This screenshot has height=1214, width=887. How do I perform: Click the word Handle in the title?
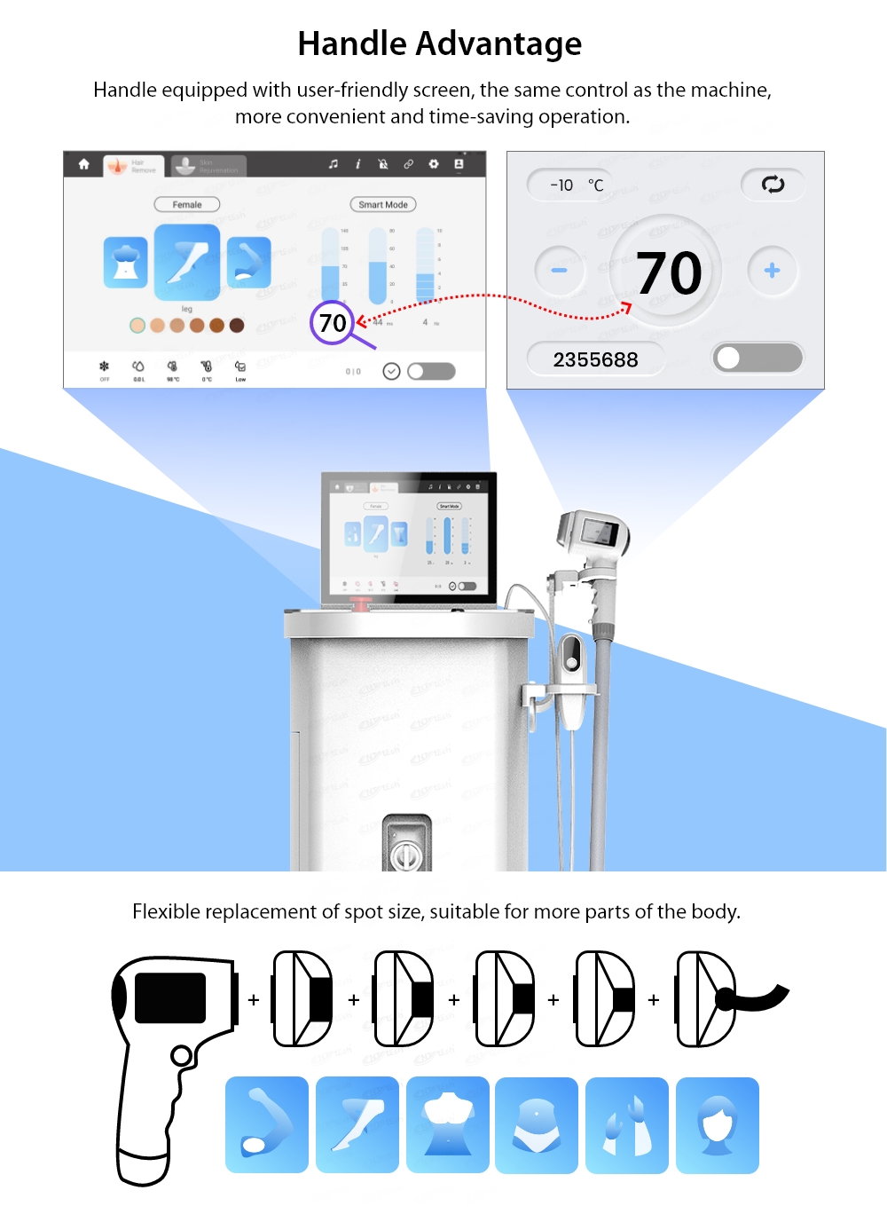(351, 43)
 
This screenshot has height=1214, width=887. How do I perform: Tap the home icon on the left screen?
(83, 164)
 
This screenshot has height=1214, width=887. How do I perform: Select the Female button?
(187, 205)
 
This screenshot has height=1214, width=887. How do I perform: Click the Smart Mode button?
(383, 205)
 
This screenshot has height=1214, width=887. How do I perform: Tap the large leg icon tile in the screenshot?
(187, 262)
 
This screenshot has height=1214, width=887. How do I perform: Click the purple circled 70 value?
(333, 322)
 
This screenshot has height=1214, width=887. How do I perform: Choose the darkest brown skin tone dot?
(237, 326)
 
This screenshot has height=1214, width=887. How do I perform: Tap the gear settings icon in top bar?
(434, 164)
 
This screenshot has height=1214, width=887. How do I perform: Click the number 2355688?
(595, 359)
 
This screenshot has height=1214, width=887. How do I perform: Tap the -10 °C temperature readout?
(576, 185)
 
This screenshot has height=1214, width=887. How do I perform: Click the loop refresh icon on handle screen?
(773, 185)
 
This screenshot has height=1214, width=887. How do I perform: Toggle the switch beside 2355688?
(757, 359)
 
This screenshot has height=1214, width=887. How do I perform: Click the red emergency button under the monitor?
(362, 605)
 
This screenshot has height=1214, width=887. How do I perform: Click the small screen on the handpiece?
(600, 532)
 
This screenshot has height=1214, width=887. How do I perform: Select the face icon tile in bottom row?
(717, 1125)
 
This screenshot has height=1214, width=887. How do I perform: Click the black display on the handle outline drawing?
(170, 997)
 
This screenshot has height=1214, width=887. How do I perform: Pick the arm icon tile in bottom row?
(267, 1125)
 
